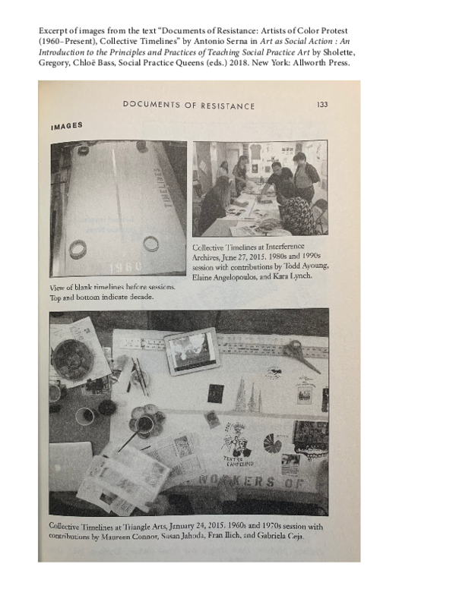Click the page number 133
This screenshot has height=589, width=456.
(x=321, y=105)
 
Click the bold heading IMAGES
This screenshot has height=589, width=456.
(x=67, y=126)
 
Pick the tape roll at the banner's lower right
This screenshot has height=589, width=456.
(x=151, y=243)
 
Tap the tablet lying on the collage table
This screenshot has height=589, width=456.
(x=191, y=351)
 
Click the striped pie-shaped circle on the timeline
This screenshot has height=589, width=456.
(x=272, y=443)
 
